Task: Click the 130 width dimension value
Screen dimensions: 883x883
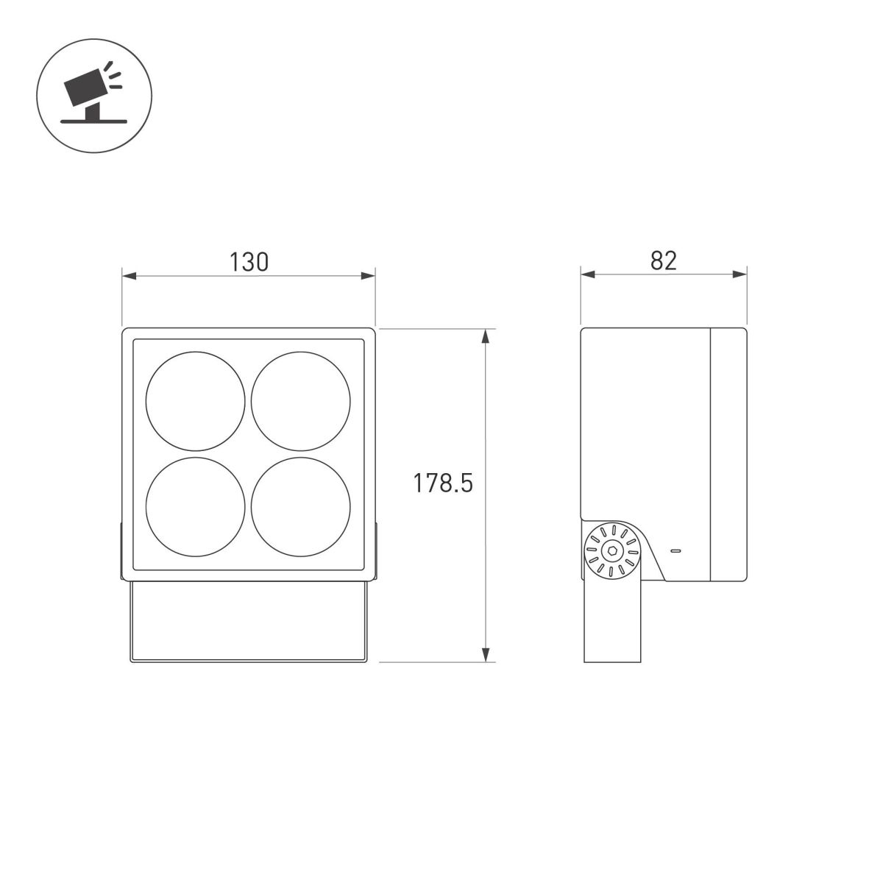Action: [x=249, y=261]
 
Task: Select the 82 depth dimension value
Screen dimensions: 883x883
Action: [x=663, y=260]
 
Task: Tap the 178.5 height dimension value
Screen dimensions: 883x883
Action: [x=442, y=483]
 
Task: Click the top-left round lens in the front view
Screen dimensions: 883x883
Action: [x=195, y=401]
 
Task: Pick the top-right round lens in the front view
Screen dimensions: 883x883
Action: [x=301, y=401]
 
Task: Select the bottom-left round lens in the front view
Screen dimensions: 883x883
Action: [x=195, y=507]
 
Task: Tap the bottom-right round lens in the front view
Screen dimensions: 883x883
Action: [x=301, y=507]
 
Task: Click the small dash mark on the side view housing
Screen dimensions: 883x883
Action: [x=675, y=550]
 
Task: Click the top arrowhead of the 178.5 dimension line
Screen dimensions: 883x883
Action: [x=485, y=336]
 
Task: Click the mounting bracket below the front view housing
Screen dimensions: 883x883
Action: [x=248, y=622]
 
